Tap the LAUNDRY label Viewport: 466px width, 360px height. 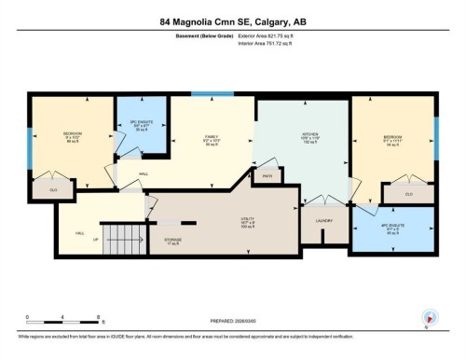(x=323, y=220)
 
